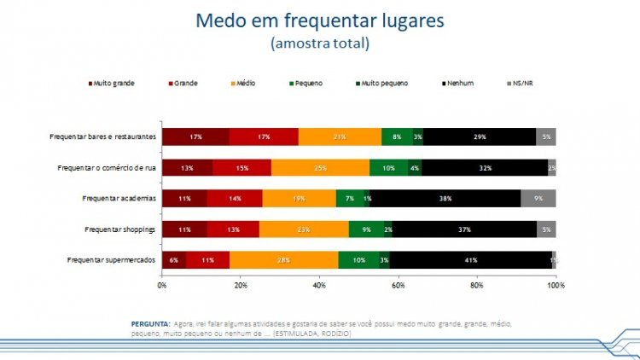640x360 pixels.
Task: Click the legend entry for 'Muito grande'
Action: [113, 83]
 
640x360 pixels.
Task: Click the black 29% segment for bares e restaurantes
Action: [480, 136]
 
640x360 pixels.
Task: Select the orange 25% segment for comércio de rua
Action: [320, 167]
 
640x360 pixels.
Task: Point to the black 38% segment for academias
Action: [445, 199]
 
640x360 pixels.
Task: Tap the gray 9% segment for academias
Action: [538, 199]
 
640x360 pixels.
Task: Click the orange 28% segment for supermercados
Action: [283, 260]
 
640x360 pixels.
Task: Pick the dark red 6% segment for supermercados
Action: [174, 260]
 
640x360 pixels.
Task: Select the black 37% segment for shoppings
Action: [464, 229]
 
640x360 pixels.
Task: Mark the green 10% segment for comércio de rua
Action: [389, 167]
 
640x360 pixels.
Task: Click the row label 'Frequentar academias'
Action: [118, 199]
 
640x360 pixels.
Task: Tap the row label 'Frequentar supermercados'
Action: [111, 260]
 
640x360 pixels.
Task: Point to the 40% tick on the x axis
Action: [320, 285]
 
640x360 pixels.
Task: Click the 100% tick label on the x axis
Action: [556, 285]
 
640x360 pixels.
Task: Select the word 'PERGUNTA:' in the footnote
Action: [150, 324]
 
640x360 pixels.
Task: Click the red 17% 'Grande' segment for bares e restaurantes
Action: [264, 136]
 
